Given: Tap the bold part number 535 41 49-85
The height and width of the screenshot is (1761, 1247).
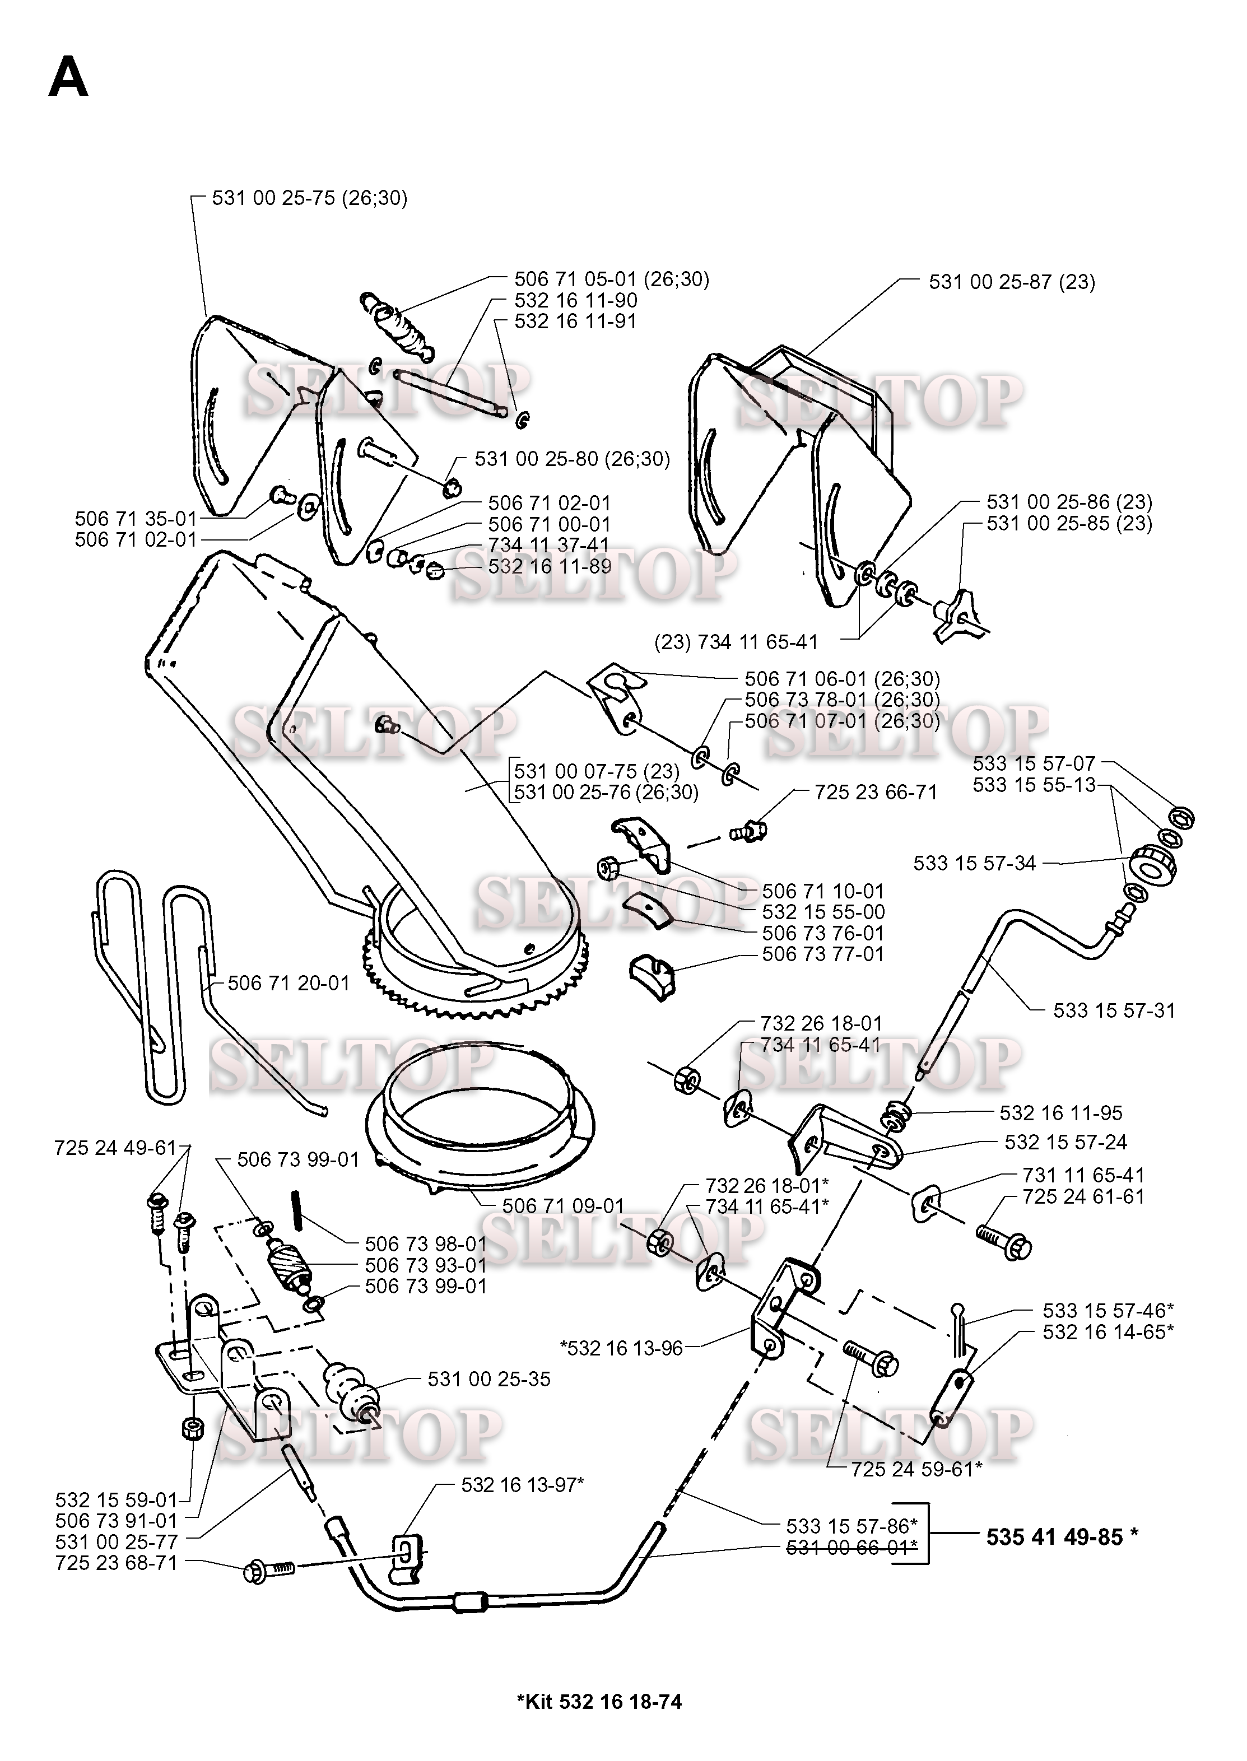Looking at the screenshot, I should pos(1061,1537).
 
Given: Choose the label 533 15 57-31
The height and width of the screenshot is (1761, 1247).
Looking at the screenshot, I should pos(1114,1010).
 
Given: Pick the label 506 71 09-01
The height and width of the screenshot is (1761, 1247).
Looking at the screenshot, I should pos(563,1205).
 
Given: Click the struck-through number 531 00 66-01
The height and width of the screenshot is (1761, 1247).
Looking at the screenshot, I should pos(852,1547).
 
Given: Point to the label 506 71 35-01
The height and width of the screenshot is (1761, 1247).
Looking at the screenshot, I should pos(136,518).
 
